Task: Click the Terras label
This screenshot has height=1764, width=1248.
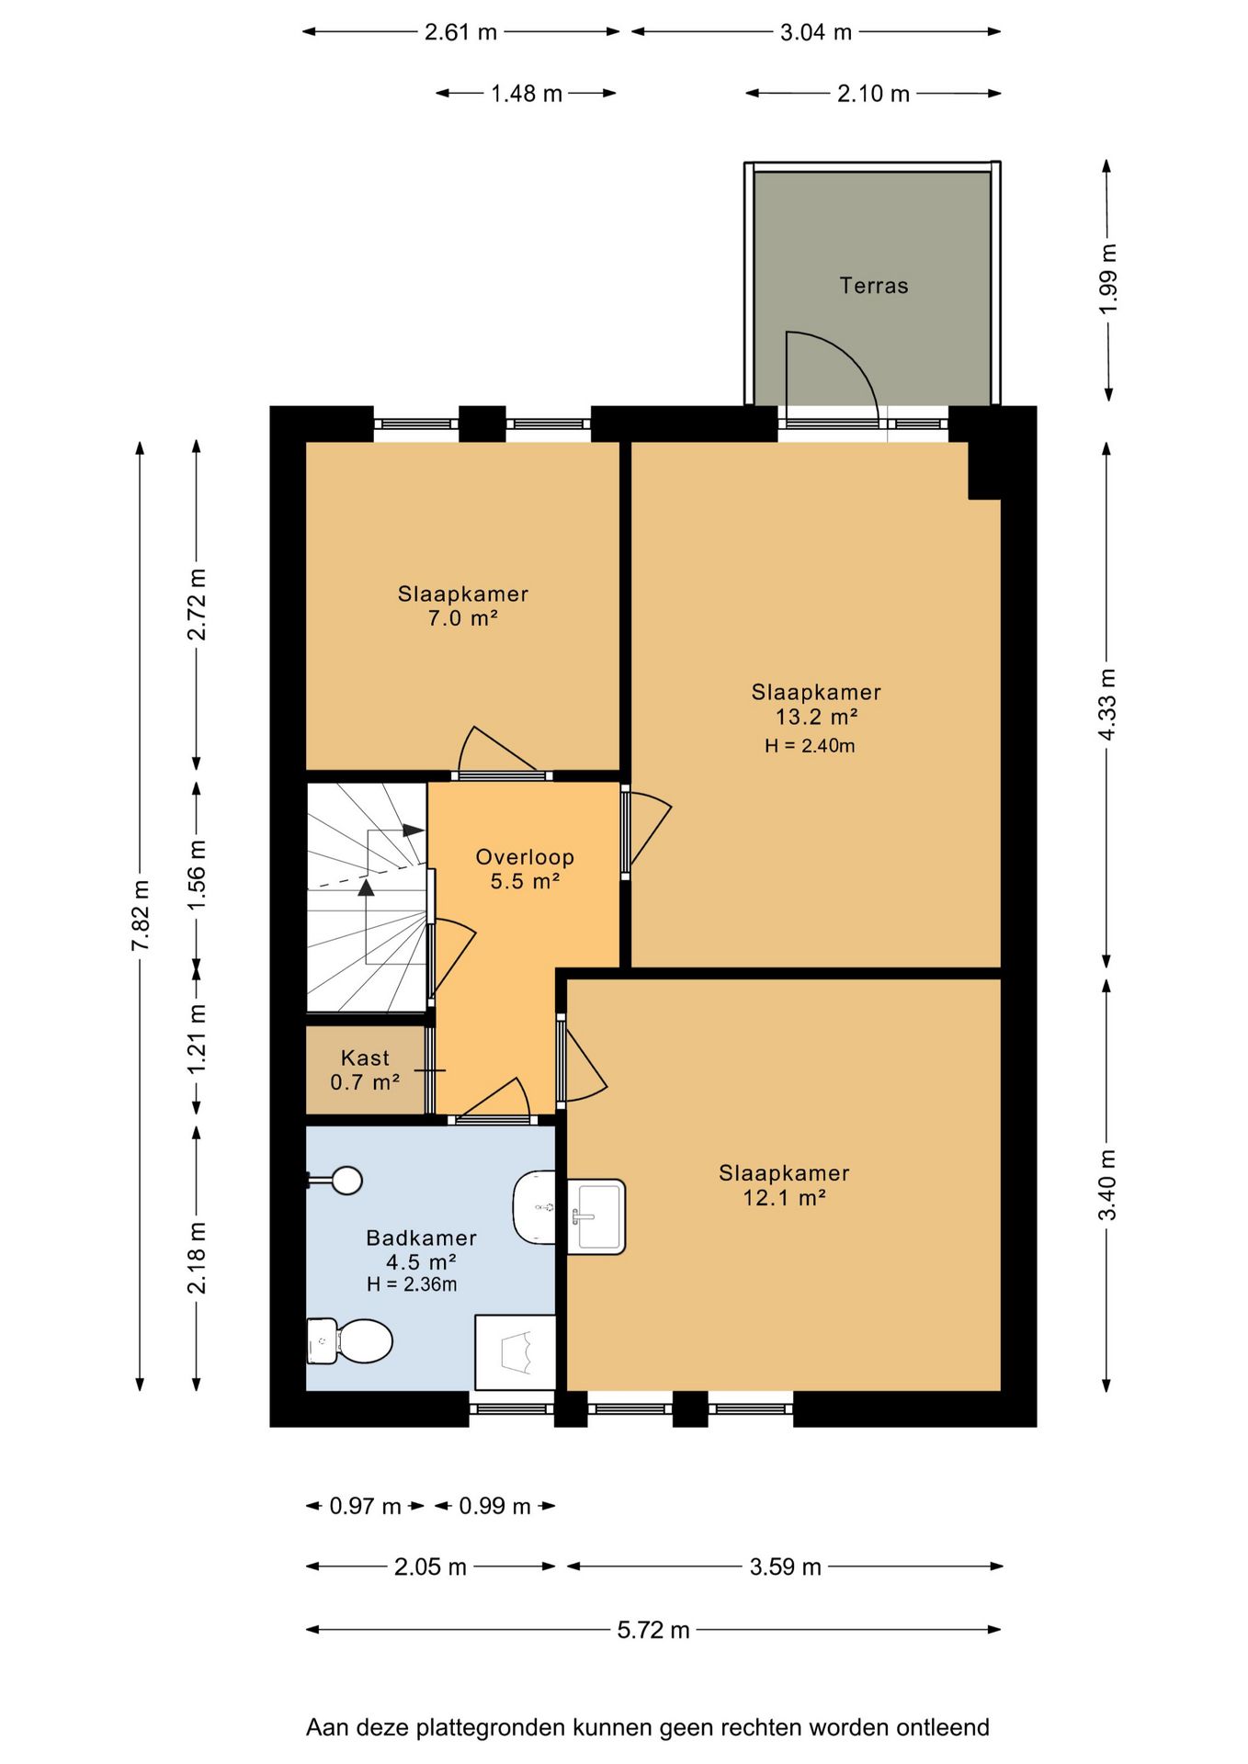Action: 873,286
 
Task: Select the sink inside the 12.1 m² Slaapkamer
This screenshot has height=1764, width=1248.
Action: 596,1217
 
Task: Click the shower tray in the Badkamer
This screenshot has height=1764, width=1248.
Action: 516,1352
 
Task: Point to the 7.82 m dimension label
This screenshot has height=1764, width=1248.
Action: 141,916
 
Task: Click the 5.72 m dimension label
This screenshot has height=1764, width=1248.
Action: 653,1630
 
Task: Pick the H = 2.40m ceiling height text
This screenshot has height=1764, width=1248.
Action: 810,746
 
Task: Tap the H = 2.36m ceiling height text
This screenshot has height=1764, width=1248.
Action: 412,1284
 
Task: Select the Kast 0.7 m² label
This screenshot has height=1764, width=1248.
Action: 365,1070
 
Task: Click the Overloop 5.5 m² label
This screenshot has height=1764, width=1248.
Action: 525,869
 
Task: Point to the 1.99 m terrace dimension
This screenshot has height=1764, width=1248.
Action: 1108,278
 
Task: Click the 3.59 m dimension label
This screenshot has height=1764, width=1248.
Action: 786,1566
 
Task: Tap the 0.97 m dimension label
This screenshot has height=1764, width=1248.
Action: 365,1506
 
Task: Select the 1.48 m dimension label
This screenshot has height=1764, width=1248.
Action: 527,94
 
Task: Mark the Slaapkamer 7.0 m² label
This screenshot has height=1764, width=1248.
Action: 463,606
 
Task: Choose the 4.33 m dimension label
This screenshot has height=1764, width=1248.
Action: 1108,705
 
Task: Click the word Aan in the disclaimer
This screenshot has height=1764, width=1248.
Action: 327,1728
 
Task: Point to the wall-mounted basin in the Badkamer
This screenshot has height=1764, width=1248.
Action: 534,1207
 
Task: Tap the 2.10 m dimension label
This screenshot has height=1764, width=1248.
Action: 873,94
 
